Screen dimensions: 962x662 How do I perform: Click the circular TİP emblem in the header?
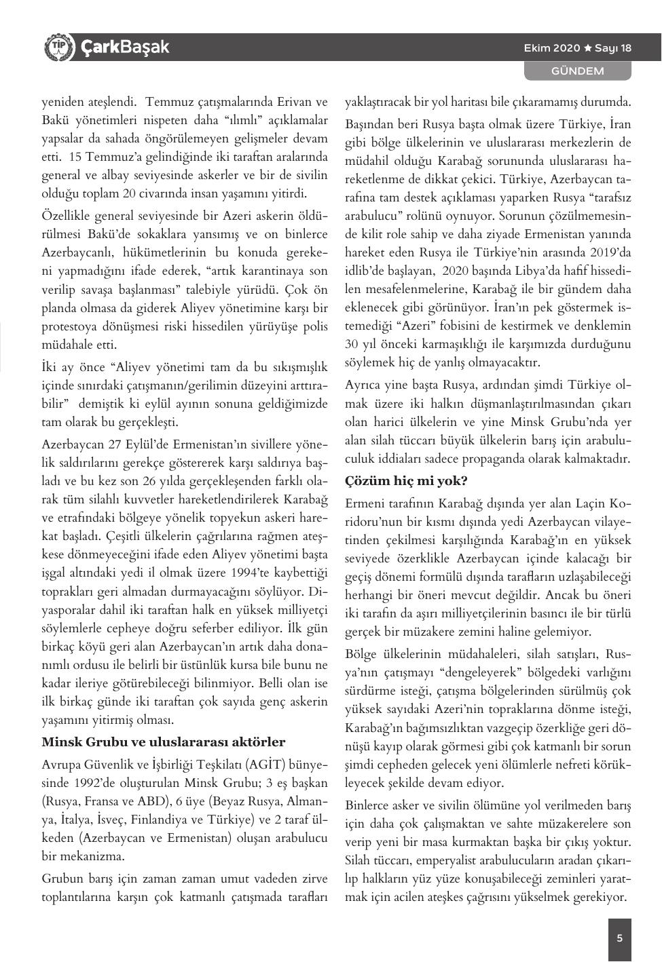58,47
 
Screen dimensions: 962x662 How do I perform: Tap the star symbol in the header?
588,48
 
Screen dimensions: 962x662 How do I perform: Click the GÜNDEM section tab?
577,71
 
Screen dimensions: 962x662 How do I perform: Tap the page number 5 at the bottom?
619,939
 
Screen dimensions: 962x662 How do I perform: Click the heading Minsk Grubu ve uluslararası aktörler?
164,742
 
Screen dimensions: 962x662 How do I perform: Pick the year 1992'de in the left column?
104,781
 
